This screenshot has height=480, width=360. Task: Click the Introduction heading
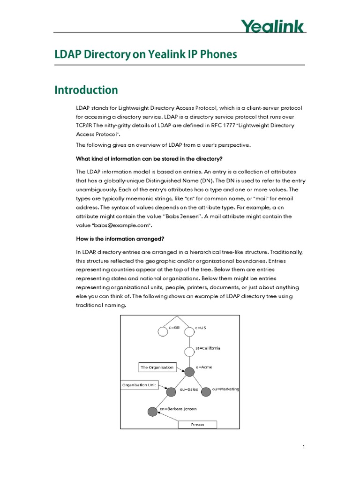coord(86,90)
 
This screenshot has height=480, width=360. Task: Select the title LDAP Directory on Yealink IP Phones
coord(146,55)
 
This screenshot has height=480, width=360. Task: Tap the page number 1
coord(303,447)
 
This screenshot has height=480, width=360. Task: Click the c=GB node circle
coord(163,332)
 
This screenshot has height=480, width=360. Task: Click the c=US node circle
coord(189,332)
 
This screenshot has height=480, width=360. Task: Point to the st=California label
coord(208,348)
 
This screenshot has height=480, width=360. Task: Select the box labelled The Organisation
coord(157,367)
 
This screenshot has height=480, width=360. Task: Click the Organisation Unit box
coord(139,385)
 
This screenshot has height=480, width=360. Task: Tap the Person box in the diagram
coord(197,425)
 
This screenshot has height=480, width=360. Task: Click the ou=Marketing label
coord(225,389)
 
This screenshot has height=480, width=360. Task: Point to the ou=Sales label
coord(189,390)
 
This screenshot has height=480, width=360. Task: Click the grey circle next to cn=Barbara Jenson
coord(152,412)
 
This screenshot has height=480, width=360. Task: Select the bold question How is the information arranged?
coord(120,239)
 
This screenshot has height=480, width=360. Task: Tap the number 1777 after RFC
coord(191,125)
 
